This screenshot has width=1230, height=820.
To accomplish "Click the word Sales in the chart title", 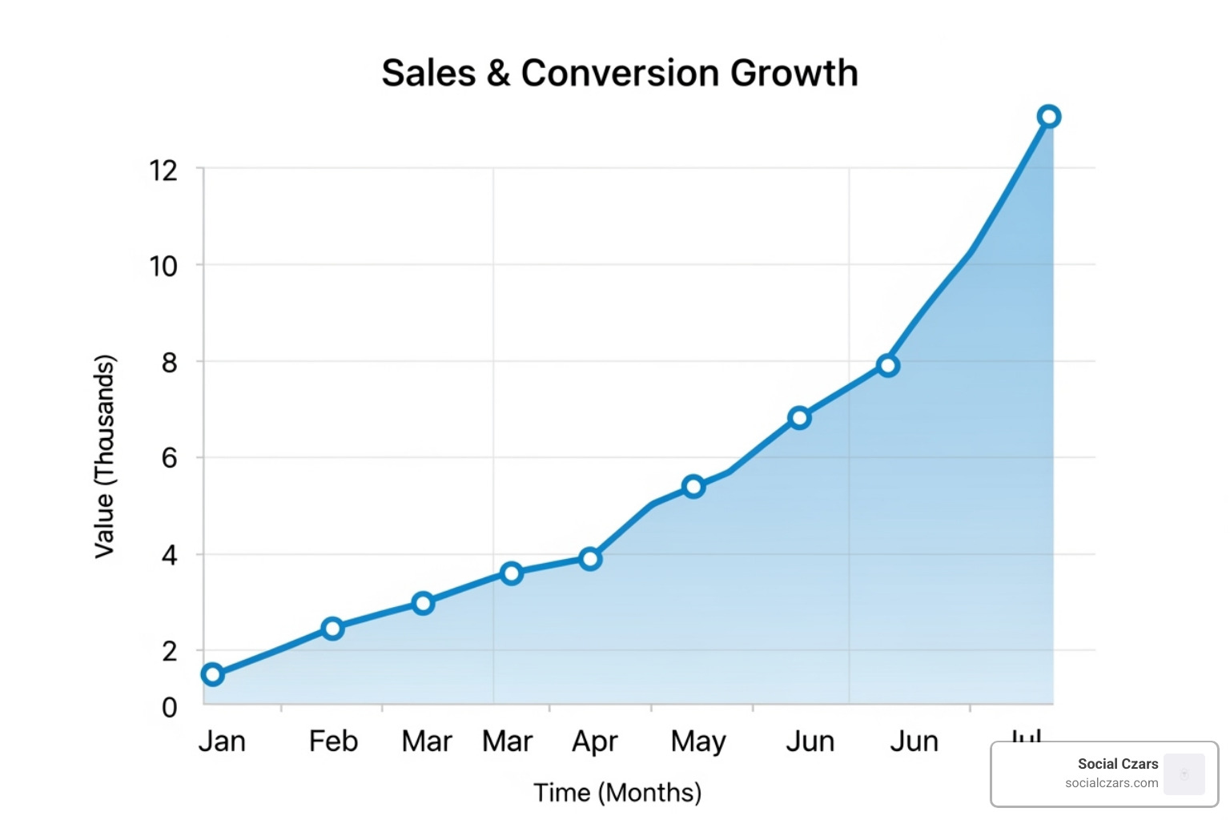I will point(428,73).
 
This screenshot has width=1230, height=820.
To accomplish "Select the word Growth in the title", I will point(794,73).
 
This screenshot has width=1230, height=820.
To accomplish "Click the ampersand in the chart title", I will point(498,73).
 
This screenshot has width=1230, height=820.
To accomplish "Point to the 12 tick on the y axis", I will point(163,170).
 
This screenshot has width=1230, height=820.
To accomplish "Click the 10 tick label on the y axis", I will point(163,266).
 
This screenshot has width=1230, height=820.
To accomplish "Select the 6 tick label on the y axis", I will point(169,458).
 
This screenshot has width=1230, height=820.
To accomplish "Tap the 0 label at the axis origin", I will point(169,707).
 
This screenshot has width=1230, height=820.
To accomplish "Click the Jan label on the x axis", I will point(222,742).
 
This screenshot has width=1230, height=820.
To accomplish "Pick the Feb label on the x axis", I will point(333,742).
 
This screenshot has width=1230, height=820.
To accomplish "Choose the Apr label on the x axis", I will point(594,742).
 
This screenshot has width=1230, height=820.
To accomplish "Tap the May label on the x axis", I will point(698,742).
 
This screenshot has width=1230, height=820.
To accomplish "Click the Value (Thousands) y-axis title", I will point(105,456).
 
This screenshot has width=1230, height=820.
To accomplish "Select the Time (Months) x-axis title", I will point(617,793).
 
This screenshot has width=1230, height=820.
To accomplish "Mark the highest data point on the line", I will point(1049,117).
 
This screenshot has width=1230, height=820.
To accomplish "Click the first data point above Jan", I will point(212,674).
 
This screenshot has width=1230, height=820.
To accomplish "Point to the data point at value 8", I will point(887,366).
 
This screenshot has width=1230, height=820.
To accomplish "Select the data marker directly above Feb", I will point(333,629).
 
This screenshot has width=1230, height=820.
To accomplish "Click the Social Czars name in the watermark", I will point(1117,764).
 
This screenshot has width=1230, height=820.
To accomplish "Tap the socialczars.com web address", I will point(1111,783).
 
